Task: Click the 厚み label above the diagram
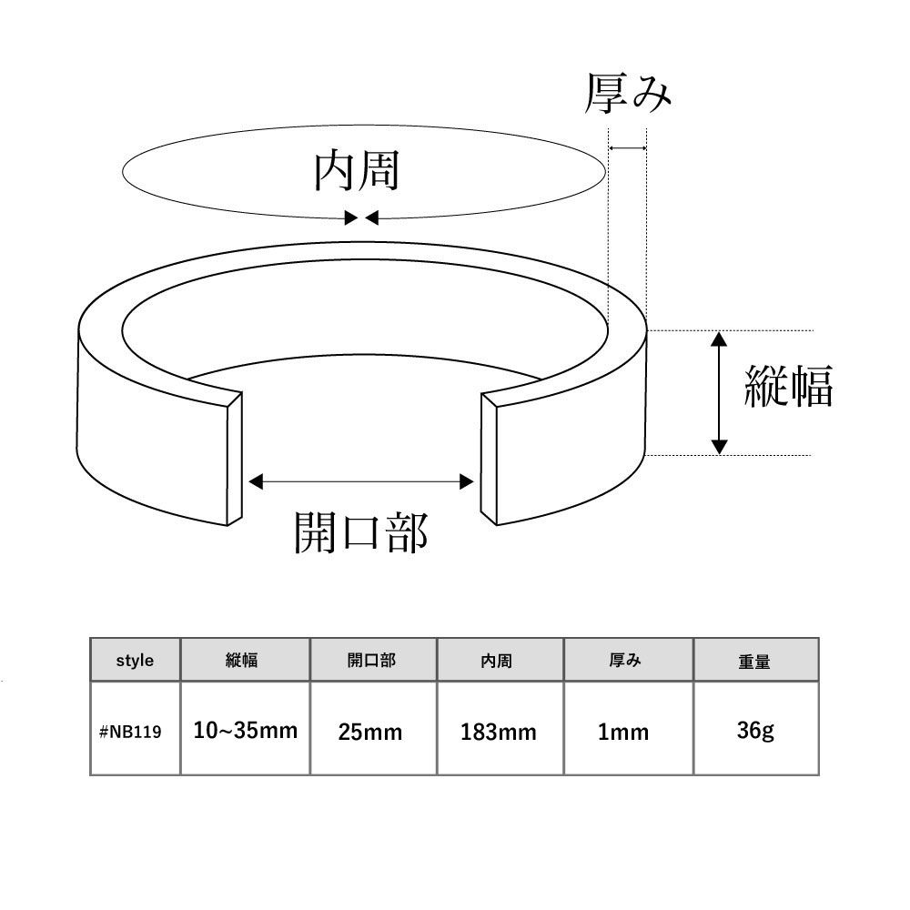click(627, 93)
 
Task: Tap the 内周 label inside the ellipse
click(357, 171)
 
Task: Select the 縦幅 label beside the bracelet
click(789, 385)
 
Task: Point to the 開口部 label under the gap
click(361, 531)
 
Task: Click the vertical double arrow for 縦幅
click(719, 393)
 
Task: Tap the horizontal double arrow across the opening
click(361, 481)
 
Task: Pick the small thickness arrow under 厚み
click(627, 148)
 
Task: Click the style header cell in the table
click(135, 660)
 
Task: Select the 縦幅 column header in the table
click(241, 660)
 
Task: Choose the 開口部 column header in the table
click(371, 660)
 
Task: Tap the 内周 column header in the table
click(496, 661)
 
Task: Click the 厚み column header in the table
click(625, 660)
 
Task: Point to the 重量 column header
click(753, 661)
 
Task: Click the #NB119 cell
click(130, 732)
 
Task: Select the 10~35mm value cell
click(245, 730)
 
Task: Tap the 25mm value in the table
click(370, 732)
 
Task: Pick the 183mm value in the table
click(498, 732)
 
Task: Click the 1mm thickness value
click(623, 732)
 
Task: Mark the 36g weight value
click(755, 731)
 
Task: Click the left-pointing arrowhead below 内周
click(372, 217)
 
